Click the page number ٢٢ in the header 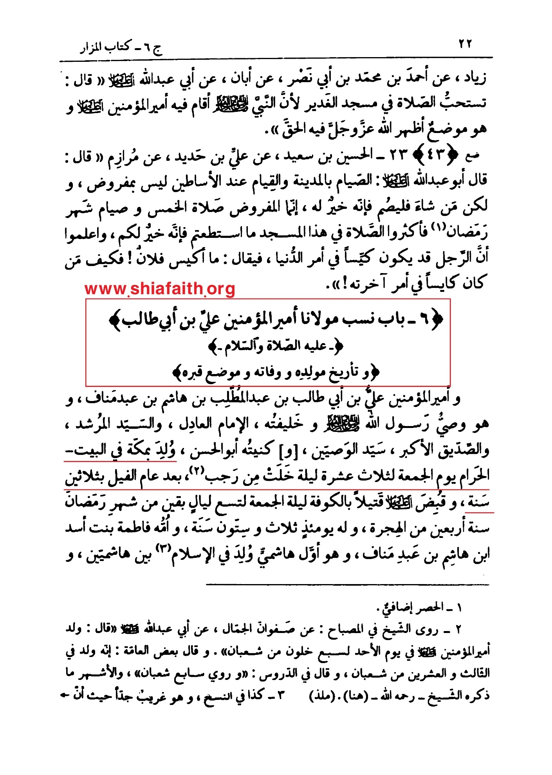pos(465,44)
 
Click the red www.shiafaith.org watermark pos(160,289)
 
